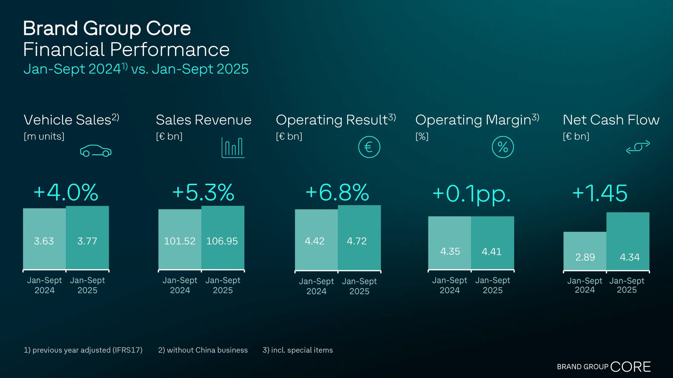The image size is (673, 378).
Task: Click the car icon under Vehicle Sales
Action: pos(96,151)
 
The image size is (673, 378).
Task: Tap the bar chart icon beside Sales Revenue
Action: pos(233,147)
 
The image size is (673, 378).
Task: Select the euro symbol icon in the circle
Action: pos(369,147)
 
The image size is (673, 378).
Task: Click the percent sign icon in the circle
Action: pos(503,147)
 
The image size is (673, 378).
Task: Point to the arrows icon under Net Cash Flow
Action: pos(638,147)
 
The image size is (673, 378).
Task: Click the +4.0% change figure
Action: pos(66,192)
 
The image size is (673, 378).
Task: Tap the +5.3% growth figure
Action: pos(203,192)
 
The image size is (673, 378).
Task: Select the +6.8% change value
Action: pos(337,192)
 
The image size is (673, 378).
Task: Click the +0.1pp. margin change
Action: pos(471,194)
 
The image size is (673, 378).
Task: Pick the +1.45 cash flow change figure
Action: pos(600,193)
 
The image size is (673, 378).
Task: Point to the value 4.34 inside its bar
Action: pos(630,257)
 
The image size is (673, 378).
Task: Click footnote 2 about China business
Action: pos(203,350)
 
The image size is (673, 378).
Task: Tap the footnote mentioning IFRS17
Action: pos(83,350)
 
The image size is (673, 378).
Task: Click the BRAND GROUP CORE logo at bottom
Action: pos(604,367)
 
